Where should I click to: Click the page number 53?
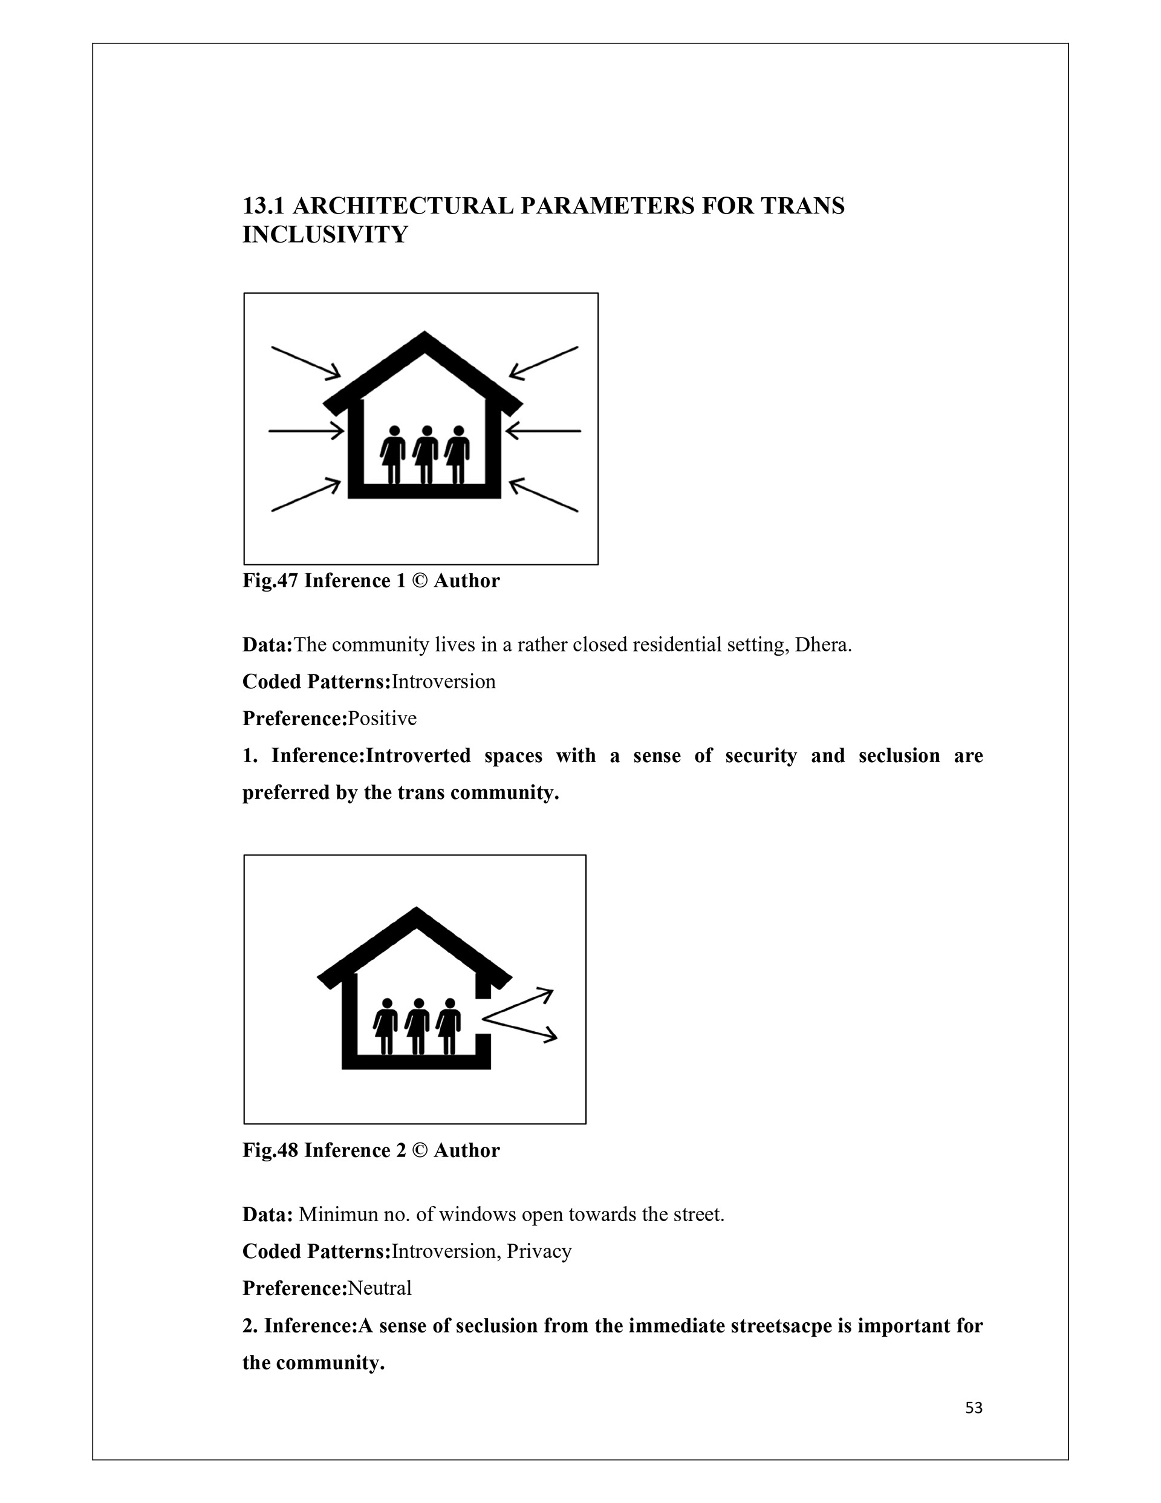[x=973, y=1408]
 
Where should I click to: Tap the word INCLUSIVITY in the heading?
[x=325, y=235]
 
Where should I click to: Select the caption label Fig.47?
[x=270, y=581]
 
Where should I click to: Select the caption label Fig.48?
[x=270, y=1150]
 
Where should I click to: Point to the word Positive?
[x=382, y=719]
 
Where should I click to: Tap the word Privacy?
[x=539, y=1251]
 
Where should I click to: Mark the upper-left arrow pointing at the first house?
[x=305, y=362]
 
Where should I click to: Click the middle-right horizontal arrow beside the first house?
[x=544, y=431]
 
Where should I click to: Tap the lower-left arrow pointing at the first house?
[x=305, y=495]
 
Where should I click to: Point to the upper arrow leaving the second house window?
[x=520, y=1004]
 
